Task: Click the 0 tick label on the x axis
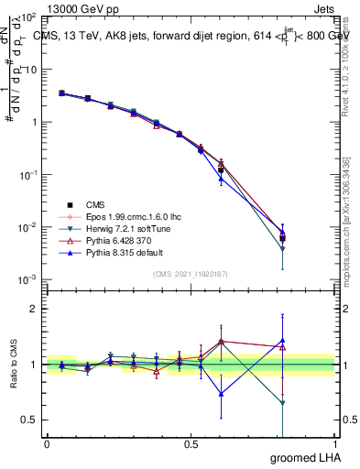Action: click(47, 443)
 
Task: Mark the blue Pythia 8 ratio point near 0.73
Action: click(221, 394)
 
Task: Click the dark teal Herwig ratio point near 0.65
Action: click(282, 403)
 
